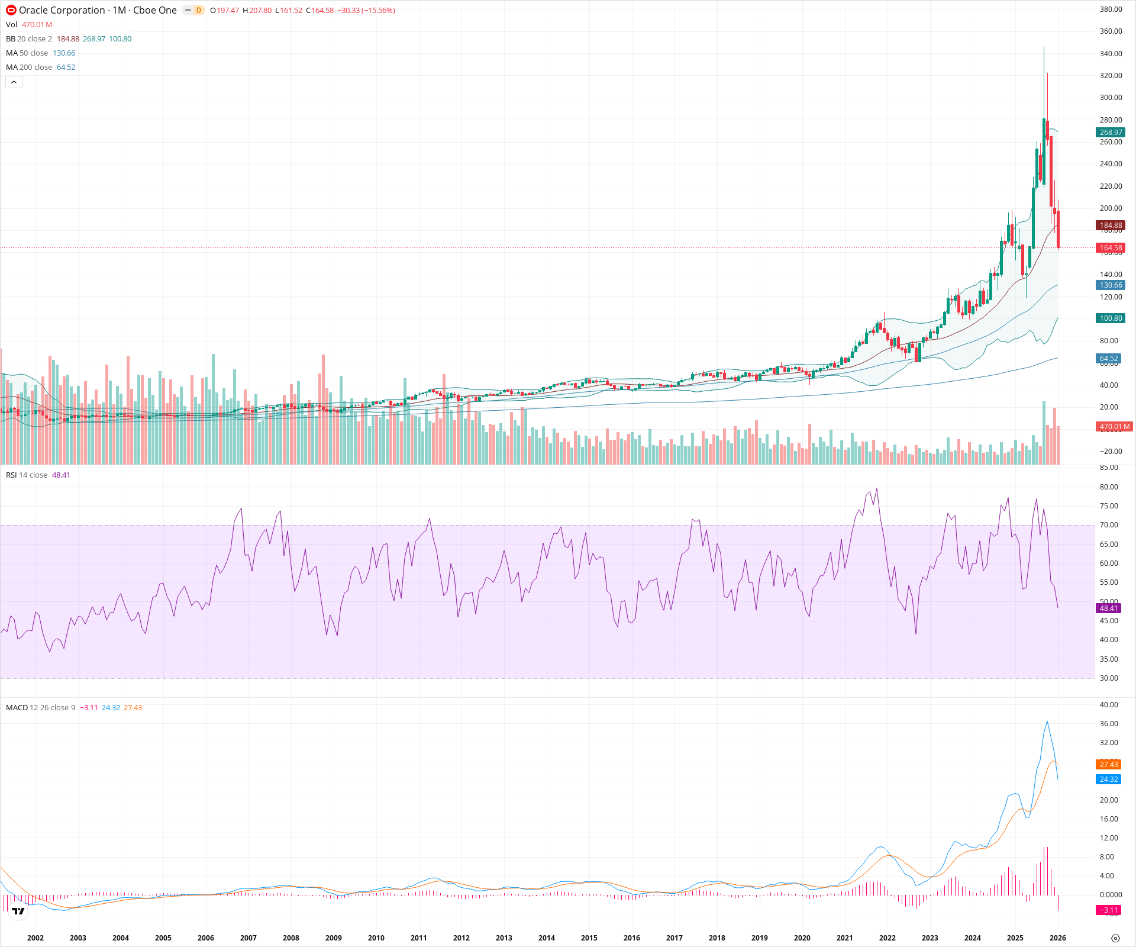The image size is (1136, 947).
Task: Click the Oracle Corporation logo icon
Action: [x=11, y=10]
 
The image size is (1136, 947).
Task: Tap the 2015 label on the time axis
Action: [x=589, y=938]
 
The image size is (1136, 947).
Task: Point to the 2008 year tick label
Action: [x=291, y=938]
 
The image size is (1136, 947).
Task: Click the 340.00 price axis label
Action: [x=1111, y=53]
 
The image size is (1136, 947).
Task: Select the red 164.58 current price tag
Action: [x=1111, y=248]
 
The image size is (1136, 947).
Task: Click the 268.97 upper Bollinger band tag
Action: [x=1111, y=133]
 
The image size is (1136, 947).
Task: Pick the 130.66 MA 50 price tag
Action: [x=1111, y=285]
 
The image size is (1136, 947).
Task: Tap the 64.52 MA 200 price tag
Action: [x=1109, y=359]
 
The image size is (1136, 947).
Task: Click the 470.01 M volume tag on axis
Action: [x=1114, y=426]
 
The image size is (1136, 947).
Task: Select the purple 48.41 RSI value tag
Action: [x=1109, y=608]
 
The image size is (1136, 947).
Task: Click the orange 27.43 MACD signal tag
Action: [x=1109, y=765]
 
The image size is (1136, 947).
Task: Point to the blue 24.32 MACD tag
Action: [x=1109, y=779]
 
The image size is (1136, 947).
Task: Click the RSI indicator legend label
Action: [x=27, y=475]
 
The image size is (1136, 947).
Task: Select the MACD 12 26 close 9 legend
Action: [x=40, y=708]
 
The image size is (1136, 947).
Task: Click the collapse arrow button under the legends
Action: [x=14, y=82]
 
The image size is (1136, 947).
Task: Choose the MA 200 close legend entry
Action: [x=29, y=67]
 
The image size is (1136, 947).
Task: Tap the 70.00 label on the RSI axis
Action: [x=1109, y=525]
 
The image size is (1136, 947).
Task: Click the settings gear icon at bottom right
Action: [x=1115, y=938]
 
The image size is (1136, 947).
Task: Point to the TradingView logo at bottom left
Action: [x=18, y=911]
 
